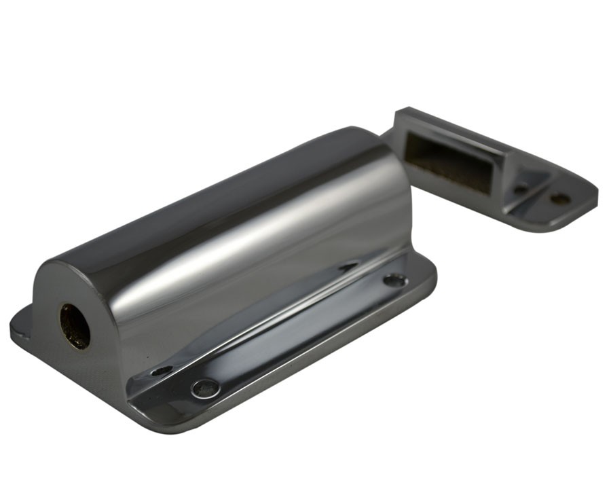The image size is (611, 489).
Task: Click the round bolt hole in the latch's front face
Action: (x=75, y=326)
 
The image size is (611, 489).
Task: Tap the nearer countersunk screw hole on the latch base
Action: (x=205, y=388)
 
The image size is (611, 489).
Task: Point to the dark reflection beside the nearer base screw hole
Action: (x=162, y=370)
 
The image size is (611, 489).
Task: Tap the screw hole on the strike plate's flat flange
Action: (x=559, y=199)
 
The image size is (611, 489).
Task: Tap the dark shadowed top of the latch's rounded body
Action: (x=224, y=183)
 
